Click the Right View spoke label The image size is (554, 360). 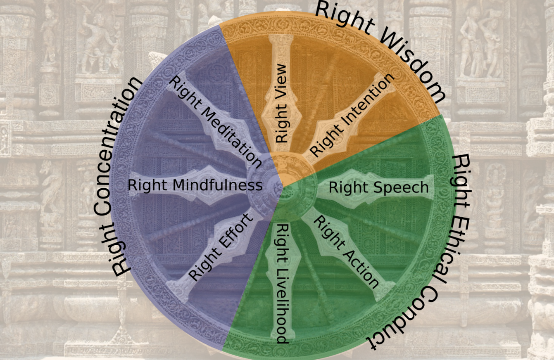[x=281, y=104]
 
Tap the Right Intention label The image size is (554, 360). [x=352, y=115]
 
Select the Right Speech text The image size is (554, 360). [x=378, y=188]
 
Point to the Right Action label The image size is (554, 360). [x=346, y=252]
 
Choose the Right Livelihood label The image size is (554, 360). [x=282, y=284]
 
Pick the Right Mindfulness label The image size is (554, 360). [x=195, y=185]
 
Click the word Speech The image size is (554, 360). [x=401, y=188]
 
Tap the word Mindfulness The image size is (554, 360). [x=217, y=185]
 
